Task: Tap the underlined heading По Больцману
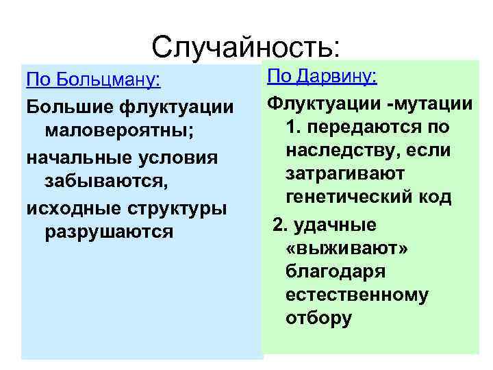[x=93, y=80]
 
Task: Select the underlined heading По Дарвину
[x=321, y=76]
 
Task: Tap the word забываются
[x=105, y=182]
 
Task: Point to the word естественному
[x=357, y=295]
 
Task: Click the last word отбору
[x=319, y=318]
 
